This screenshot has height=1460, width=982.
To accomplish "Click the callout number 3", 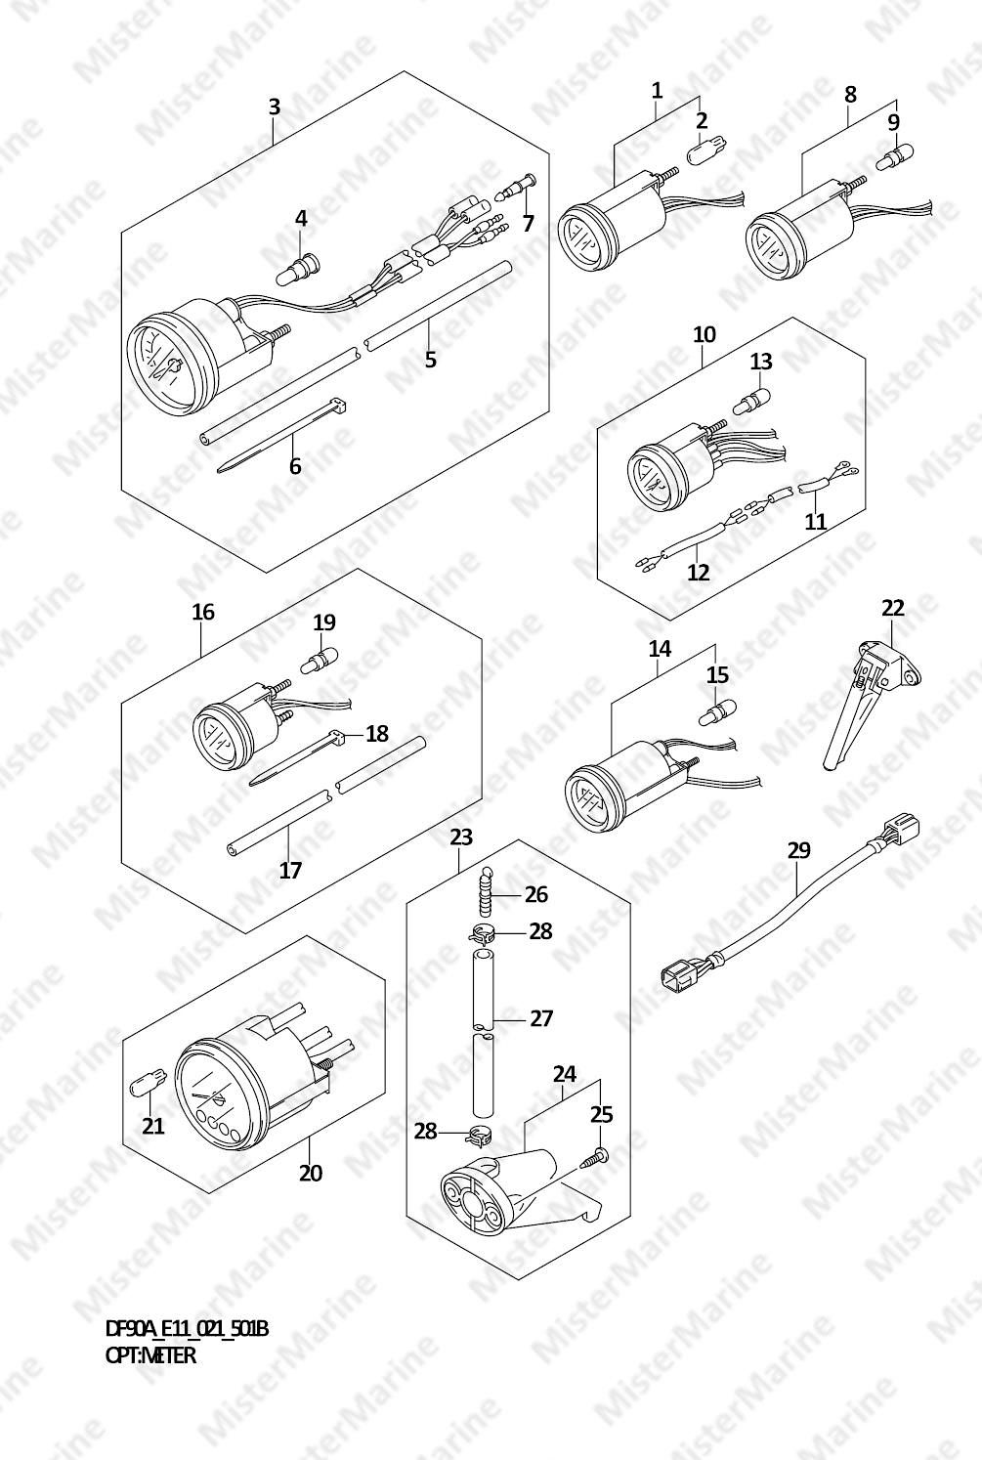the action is tap(275, 107).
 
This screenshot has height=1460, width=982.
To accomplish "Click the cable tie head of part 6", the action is tap(337, 406).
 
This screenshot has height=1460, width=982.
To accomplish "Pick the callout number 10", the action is tap(704, 334).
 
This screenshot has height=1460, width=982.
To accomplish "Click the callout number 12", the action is tap(698, 572).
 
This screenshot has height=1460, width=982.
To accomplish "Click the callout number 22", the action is tap(893, 608).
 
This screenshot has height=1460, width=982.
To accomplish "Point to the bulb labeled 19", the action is tap(320, 658).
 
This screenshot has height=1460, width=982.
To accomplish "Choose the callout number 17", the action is tap(290, 870).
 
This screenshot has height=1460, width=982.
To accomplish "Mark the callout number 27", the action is tap(541, 1017).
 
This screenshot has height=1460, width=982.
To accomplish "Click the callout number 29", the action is tap(799, 850).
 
